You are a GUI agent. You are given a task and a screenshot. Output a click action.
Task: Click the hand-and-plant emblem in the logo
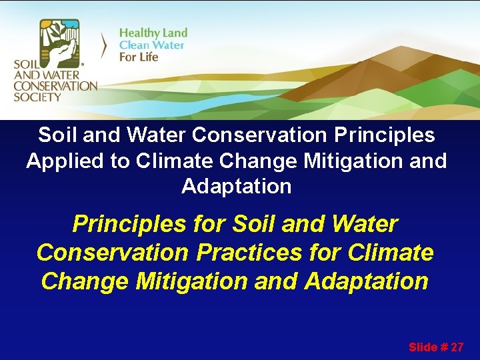click(59, 41)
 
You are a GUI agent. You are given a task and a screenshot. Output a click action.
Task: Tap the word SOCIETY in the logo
click(37, 97)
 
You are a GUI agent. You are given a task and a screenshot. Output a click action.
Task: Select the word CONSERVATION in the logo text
click(55, 85)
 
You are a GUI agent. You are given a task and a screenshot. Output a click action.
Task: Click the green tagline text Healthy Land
click(153, 33)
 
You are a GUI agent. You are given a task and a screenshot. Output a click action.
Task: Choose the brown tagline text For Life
click(139, 57)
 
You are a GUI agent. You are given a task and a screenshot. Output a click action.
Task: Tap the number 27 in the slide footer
click(457, 347)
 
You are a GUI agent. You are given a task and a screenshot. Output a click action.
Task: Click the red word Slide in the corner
click(422, 347)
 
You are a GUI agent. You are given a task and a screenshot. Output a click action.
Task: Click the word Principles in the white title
click(377, 135)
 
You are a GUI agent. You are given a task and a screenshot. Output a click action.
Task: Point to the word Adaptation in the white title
click(237, 186)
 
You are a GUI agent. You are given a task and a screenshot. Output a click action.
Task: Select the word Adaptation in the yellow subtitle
click(366, 281)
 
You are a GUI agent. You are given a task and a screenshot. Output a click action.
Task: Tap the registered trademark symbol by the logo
click(82, 58)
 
